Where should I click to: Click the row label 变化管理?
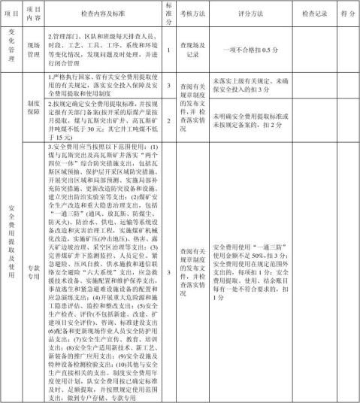tap(11, 48)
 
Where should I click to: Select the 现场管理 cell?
tap(33, 49)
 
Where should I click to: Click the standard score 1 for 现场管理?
tap(169, 49)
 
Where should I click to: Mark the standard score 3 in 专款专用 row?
tap(169, 273)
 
